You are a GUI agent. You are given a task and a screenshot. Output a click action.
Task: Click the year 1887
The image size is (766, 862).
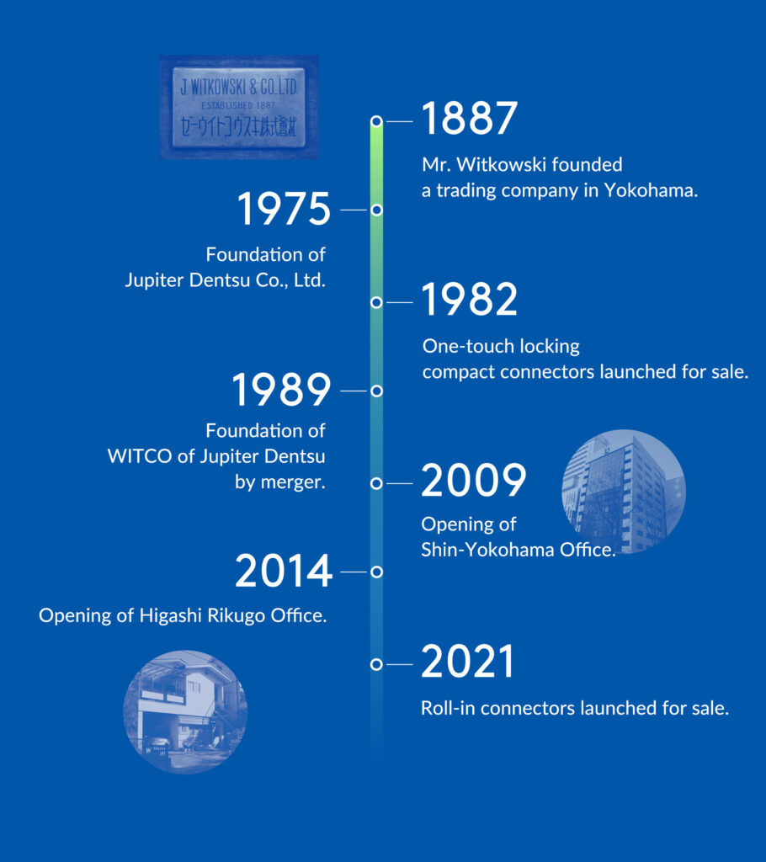click(469, 118)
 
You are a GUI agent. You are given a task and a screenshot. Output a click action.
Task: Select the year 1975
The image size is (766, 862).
click(285, 209)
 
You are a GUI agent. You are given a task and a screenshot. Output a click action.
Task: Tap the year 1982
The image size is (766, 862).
click(469, 299)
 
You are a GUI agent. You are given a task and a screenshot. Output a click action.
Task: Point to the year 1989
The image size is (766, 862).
click(281, 389)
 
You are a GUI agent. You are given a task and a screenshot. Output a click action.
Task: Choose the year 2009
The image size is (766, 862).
click(473, 480)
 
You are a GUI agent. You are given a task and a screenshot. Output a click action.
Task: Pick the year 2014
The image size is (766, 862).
click(284, 571)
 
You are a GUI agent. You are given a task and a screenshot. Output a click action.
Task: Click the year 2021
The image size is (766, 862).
click(467, 661)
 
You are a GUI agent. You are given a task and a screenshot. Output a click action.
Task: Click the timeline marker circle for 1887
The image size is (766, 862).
click(376, 121)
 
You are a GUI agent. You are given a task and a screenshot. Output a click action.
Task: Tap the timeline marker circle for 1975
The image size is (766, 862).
click(376, 210)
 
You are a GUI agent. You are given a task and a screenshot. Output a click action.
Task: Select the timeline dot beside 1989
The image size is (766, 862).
click(376, 391)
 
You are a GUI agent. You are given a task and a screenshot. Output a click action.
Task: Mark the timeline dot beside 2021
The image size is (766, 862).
click(376, 664)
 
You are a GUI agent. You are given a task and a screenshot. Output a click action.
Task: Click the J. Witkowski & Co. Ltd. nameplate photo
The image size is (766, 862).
click(239, 107)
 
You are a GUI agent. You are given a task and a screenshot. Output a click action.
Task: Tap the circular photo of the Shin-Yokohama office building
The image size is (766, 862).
click(624, 491)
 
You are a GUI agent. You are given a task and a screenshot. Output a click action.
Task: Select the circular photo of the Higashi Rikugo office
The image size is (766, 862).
click(185, 712)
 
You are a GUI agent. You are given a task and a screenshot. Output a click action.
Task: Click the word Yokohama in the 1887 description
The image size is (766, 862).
click(651, 190)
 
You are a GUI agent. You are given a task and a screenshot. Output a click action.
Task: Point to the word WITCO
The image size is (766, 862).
click(140, 456)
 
